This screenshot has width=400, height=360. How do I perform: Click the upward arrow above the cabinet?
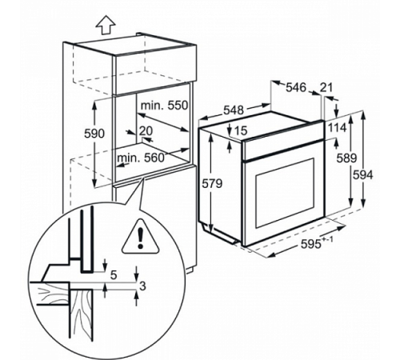[106, 26]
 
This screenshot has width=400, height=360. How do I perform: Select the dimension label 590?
[94, 134]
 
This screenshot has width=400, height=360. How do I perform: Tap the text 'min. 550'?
[164, 106]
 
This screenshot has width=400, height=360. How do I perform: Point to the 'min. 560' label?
[141, 158]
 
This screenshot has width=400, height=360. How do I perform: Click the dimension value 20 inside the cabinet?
[146, 130]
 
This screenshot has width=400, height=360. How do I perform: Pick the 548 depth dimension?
[234, 110]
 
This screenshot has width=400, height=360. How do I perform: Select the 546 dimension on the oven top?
[296, 87]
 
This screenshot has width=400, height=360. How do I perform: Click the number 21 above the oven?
[326, 87]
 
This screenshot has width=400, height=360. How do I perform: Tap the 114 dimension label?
[337, 127]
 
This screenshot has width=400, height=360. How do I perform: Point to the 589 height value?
[346, 158]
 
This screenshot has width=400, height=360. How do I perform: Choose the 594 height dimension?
[363, 175]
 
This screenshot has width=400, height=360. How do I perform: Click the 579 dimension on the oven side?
[212, 183]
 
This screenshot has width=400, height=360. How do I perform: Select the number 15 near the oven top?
[242, 130]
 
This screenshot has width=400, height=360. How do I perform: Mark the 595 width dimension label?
[310, 244]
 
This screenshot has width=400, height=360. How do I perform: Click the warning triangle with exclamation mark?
[140, 237]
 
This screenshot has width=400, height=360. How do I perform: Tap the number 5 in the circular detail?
[114, 275]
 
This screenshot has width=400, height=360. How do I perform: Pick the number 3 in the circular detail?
[143, 286]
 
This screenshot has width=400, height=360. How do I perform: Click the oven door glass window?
[285, 193]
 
